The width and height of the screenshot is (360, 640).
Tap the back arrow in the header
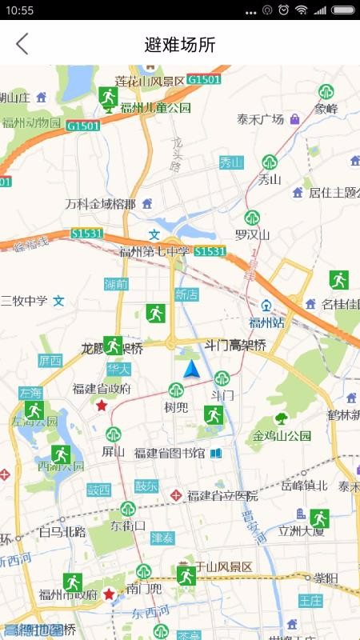pyautogui.click(x=22, y=44)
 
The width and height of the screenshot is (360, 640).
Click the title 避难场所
pyautogui.click(x=180, y=45)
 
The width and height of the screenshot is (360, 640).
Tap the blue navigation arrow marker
pyautogui.click(x=191, y=369)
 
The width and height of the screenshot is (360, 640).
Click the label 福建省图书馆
pyautogui.click(x=170, y=454)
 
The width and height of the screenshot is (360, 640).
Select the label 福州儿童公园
pyautogui.click(x=156, y=108)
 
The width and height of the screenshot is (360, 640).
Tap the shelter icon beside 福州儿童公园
pyautogui.click(x=109, y=97)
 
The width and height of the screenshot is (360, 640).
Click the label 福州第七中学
pyautogui.click(x=155, y=252)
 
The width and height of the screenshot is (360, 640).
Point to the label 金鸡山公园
pyautogui.click(x=282, y=436)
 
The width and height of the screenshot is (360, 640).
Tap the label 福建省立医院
pyautogui.click(x=222, y=496)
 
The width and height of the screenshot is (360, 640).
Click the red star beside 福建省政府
pyautogui.click(x=102, y=406)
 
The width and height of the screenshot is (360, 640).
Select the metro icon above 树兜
pyautogui.click(x=175, y=390)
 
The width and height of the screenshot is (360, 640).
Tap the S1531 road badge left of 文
pyautogui.click(x=86, y=234)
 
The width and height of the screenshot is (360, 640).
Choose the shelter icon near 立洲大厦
pyautogui.click(x=320, y=518)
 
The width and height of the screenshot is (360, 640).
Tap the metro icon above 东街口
pyautogui.click(x=128, y=509)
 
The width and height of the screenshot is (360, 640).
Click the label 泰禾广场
pyautogui.click(x=261, y=120)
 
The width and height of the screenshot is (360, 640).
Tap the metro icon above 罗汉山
pyautogui.click(x=252, y=218)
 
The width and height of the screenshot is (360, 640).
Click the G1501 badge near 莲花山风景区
pyautogui.click(x=206, y=79)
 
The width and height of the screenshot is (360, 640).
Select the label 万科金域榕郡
pyautogui.click(x=101, y=204)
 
